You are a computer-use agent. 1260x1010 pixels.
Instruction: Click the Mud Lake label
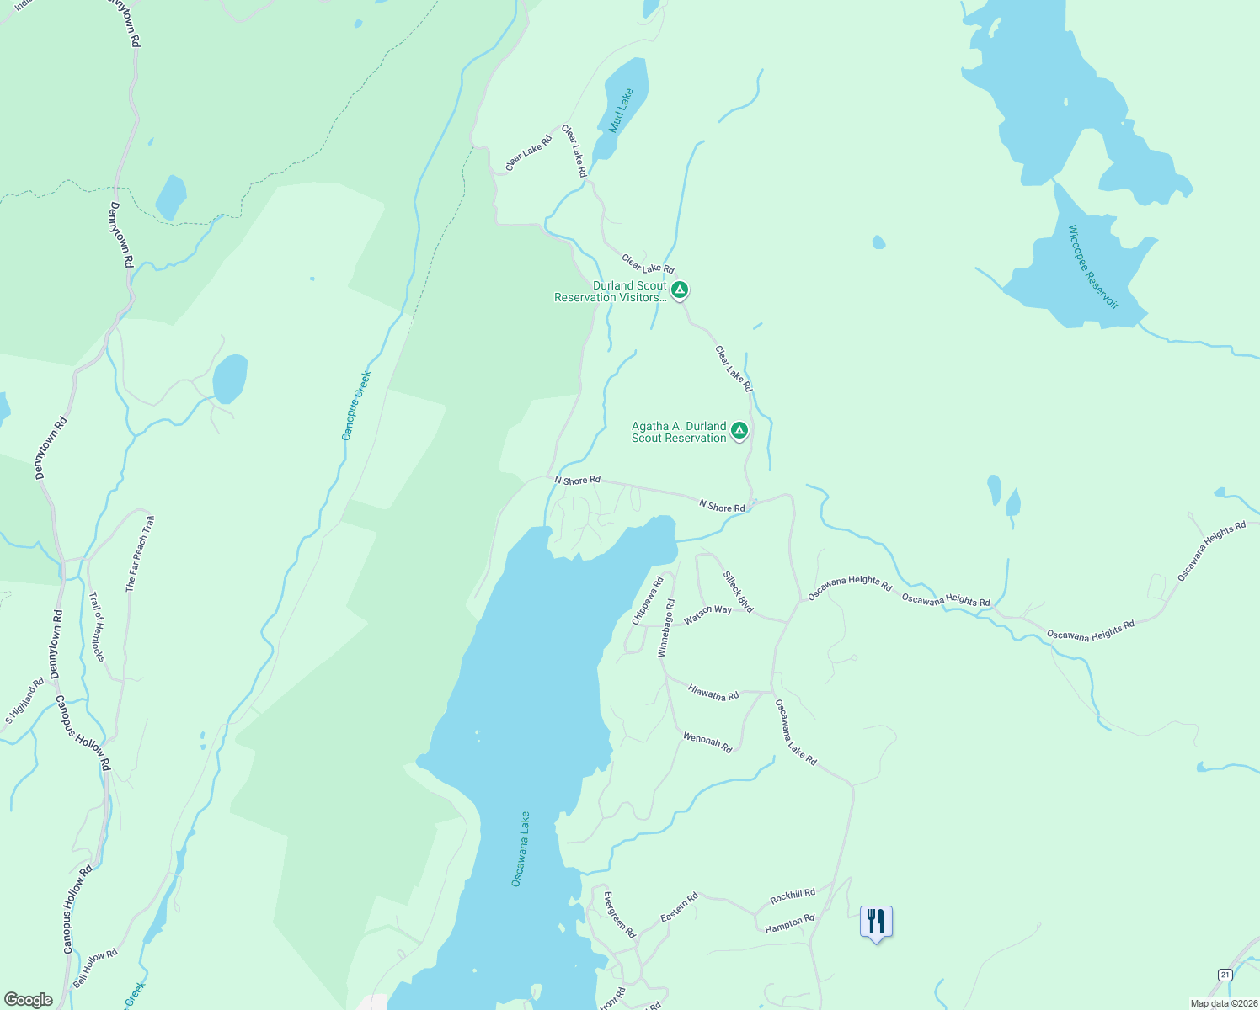(x=622, y=110)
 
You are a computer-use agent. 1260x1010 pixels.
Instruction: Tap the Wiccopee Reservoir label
(x=1093, y=267)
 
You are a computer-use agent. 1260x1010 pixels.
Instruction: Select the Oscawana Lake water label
(x=521, y=848)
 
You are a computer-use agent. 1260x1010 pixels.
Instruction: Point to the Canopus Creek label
(x=356, y=406)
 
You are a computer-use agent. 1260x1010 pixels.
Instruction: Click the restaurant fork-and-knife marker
(x=876, y=922)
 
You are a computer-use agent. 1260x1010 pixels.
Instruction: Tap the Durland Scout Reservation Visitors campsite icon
(x=680, y=290)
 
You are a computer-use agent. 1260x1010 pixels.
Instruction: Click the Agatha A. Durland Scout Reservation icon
(x=739, y=431)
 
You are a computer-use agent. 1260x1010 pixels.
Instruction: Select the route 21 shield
(x=1225, y=974)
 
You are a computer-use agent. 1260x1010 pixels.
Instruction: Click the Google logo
(x=28, y=1000)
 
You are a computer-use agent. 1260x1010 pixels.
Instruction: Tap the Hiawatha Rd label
(x=713, y=693)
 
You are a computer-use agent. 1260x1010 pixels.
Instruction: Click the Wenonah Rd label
(x=707, y=742)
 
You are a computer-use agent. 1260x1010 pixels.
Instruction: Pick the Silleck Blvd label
(x=739, y=592)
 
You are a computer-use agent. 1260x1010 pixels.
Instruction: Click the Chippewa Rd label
(x=648, y=600)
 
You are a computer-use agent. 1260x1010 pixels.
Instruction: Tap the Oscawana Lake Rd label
(x=795, y=732)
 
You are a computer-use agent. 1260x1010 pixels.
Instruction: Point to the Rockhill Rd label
(x=793, y=895)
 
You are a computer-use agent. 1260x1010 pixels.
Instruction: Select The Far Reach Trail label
(x=140, y=554)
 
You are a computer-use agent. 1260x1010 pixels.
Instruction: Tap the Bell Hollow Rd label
(x=94, y=967)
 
